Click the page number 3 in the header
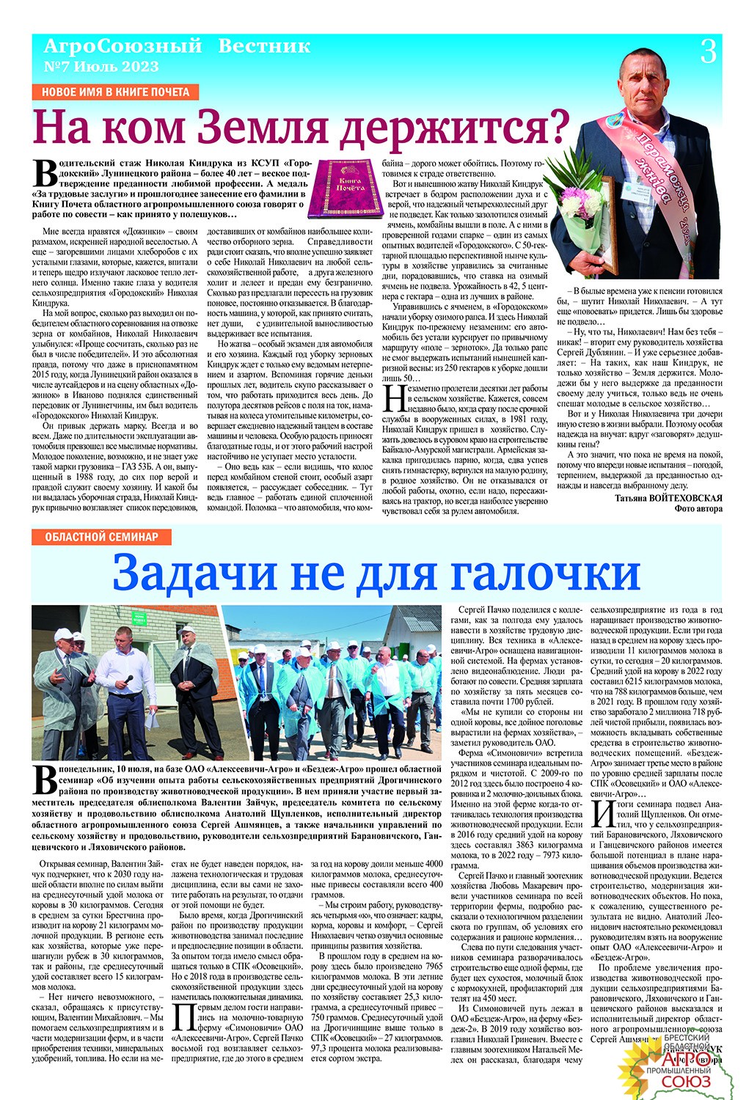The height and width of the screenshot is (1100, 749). [x=708, y=52]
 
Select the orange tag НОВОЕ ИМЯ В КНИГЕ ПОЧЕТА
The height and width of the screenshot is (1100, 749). [x=116, y=92]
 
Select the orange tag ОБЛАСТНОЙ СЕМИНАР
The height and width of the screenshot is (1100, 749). [x=101, y=537]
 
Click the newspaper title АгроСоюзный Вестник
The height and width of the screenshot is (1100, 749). [x=177, y=47]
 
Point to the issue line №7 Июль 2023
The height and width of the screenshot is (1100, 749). [x=101, y=66]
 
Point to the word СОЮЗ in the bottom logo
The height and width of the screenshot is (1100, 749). [x=685, y=1082]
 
